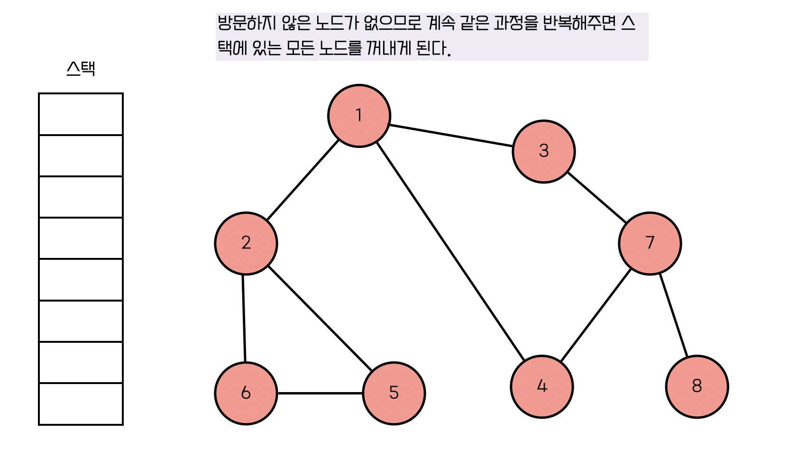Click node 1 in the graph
click(x=359, y=116)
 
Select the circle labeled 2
click(x=246, y=243)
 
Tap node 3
click(x=543, y=151)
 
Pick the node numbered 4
click(x=541, y=387)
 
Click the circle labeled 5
click(x=394, y=393)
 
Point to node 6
click(x=246, y=393)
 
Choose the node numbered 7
click(x=650, y=243)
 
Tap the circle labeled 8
click(x=696, y=386)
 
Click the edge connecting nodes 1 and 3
click(x=450, y=135)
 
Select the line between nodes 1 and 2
click(x=302, y=180)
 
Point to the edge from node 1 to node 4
click(x=450, y=251)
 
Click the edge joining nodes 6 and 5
click(x=320, y=393)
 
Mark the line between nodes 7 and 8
click(x=673, y=315)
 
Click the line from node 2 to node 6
click(x=244, y=318)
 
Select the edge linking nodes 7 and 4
click(x=596, y=316)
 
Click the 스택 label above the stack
click(x=81, y=69)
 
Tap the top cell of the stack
click(x=81, y=114)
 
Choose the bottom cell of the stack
click(x=81, y=403)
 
